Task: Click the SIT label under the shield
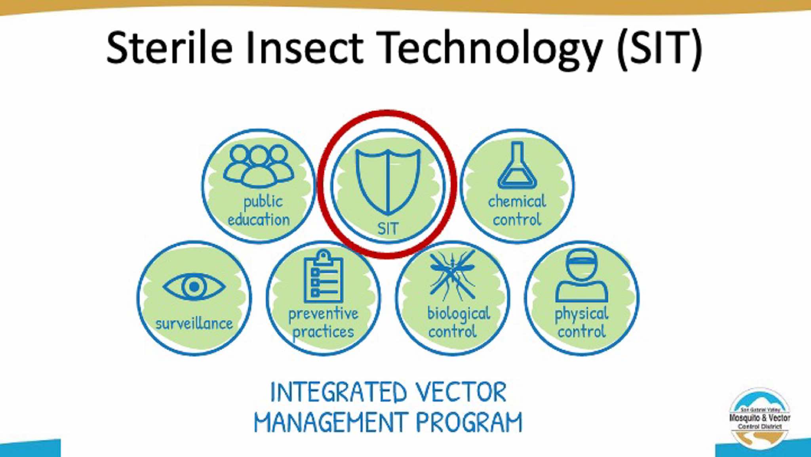[x=388, y=229]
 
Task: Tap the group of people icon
[x=259, y=166]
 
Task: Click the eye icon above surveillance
[x=194, y=286]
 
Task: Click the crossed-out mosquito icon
[x=453, y=274]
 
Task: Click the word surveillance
[x=194, y=323]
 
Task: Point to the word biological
[x=459, y=314]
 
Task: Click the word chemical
[x=517, y=201]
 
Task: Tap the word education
[x=259, y=220]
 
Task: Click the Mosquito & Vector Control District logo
[x=760, y=419]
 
